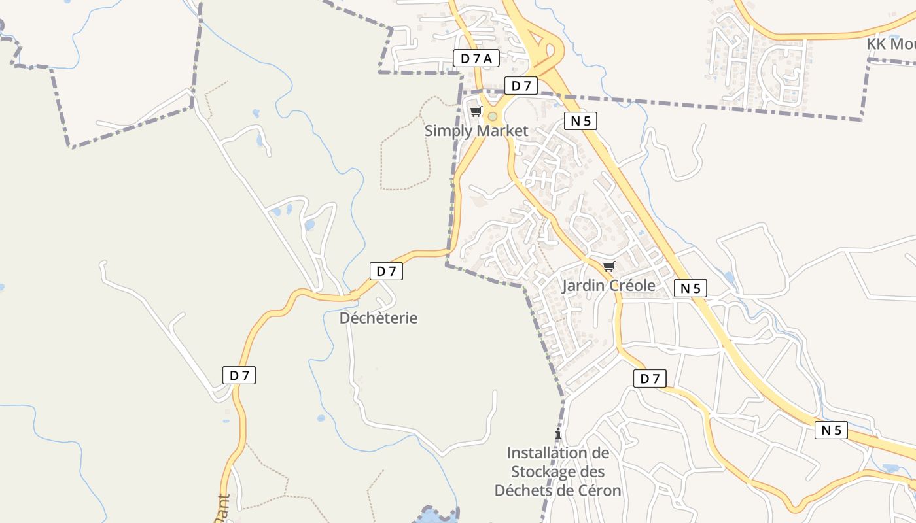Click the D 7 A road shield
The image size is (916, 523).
tap(476, 58)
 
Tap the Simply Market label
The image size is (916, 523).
tap(476, 131)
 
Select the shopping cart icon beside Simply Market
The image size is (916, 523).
tap(476, 112)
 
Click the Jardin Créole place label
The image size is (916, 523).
tap(608, 286)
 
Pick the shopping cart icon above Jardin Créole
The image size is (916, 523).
tap(608, 266)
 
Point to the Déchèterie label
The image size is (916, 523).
tap(378, 318)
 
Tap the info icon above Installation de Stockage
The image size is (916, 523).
tap(557, 434)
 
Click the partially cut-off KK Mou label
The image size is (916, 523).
tap(890, 44)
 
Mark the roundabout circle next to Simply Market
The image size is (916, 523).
tap(493, 116)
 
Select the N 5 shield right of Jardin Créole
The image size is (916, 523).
tap(690, 288)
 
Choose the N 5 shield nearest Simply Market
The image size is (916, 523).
tap(580, 120)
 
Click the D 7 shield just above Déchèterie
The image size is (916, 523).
tap(386, 271)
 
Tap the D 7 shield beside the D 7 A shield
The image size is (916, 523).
tap(521, 86)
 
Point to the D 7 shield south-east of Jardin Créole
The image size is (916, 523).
tap(650, 378)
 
